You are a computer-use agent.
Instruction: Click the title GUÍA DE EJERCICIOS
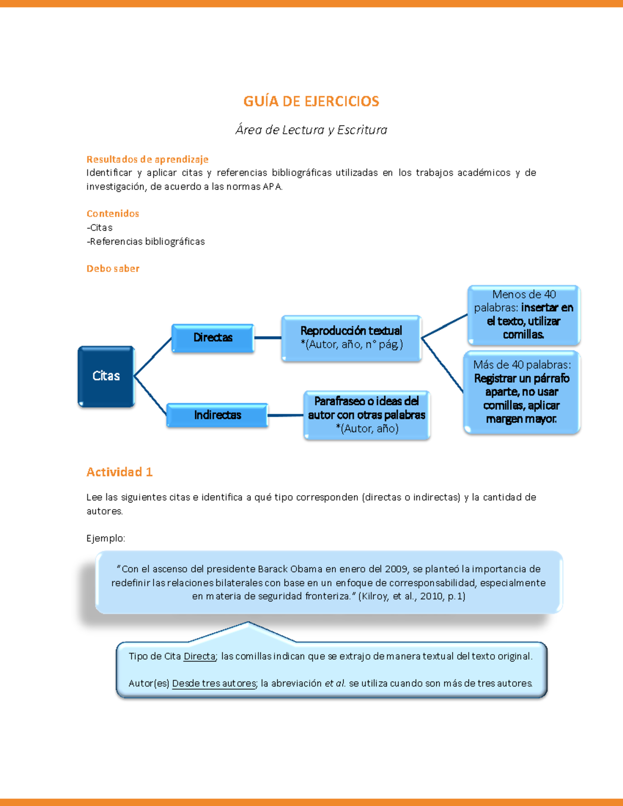click(x=311, y=101)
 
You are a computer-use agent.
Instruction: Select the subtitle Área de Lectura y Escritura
click(x=311, y=130)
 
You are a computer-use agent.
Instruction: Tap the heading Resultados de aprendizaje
click(x=147, y=159)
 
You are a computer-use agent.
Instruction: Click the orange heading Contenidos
click(x=113, y=213)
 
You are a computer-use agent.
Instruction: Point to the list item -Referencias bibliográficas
click(x=146, y=241)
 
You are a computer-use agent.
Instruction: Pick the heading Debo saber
click(x=113, y=268)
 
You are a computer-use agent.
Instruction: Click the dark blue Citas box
click(x=106, y=376)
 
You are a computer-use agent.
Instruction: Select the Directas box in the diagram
click(x=213, y=338)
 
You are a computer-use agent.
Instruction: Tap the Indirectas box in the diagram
click(x=217, y=415)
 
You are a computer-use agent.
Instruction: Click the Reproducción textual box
click(x=351, y=338)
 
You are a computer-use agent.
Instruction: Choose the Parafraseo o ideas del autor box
click(x=367, y=415)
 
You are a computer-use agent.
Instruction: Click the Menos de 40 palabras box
click(x=523, y=315)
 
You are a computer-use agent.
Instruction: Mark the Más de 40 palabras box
click(x=522, y=392)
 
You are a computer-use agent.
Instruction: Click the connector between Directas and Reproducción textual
click(x=268, y=338)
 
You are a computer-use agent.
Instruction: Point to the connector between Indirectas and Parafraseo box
click(x=286, y=415)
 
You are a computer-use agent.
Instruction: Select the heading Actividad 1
click(x=119, y=472)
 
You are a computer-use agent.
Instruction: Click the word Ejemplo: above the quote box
click(x=106, y=538)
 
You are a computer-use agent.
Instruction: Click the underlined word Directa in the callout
click(x=199, y=657)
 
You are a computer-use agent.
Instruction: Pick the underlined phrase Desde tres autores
click(x=214, y=684)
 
